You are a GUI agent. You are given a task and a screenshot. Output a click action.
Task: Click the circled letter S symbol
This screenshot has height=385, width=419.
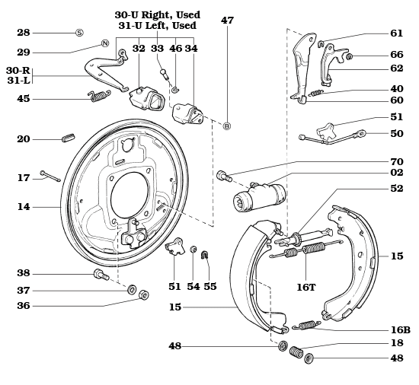point(78,33)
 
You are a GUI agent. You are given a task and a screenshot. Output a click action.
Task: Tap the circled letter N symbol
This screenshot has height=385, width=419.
point(105,43)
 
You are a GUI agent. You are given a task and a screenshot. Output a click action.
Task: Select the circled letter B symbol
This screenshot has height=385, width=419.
point(226,126)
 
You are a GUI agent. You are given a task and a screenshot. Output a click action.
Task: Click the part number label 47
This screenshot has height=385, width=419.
point(227,21)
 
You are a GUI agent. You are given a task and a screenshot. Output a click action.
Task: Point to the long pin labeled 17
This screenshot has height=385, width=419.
point(51,177)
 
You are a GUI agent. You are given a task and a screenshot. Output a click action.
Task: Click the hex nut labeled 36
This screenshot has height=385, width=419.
point(145,295)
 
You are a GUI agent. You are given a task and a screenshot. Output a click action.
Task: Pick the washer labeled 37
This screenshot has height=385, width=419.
point(132,289)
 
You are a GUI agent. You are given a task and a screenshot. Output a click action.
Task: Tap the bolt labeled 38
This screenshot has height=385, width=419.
point(100,274)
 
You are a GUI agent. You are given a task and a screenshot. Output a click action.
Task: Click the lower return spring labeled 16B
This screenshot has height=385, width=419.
point(307,325)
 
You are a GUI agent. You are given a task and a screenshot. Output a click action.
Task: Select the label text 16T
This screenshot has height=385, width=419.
point(306,287)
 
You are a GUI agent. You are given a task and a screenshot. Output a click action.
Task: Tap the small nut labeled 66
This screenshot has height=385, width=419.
point(349,56)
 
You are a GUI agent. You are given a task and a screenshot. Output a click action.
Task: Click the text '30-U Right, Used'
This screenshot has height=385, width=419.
point(157,14)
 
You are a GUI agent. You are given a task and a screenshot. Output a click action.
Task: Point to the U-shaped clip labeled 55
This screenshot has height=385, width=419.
point(204,255)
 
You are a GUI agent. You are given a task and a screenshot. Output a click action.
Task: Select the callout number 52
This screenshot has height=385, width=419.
point(396,189)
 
